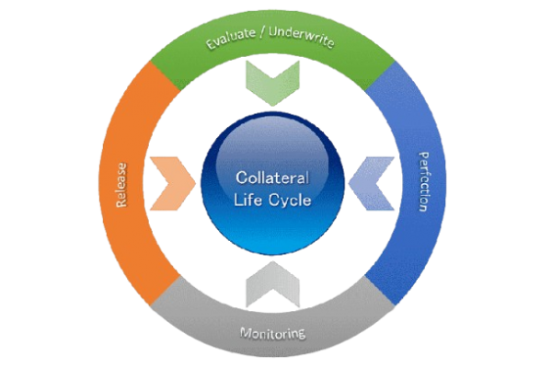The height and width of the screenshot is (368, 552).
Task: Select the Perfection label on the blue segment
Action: [422, 181]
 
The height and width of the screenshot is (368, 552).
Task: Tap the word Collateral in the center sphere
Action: [273, 177]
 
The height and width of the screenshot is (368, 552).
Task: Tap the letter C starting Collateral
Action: [240, 177]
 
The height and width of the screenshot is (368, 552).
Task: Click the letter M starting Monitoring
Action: [244, 331]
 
